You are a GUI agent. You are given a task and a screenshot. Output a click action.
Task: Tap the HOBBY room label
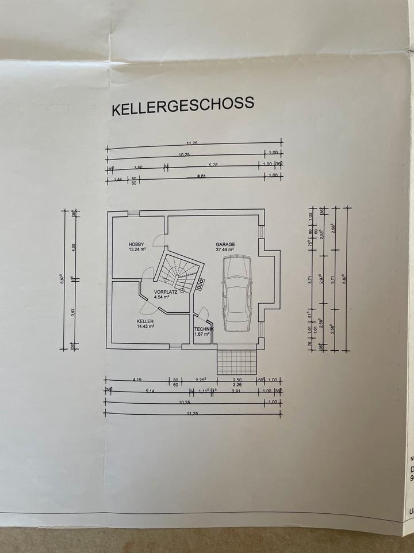[136, 244]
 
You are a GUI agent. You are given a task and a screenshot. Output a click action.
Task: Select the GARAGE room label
[225, 244]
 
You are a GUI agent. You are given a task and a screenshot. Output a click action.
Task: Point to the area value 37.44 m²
[225, 250]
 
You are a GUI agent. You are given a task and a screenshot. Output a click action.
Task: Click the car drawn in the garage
[236, 293]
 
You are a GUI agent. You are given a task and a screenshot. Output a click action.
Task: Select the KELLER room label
[145, 321]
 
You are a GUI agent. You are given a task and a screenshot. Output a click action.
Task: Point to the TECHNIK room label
[204, 328]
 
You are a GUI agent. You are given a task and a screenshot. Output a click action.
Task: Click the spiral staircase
[180, 272]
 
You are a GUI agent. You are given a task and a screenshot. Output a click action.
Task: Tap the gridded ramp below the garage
[236, 361]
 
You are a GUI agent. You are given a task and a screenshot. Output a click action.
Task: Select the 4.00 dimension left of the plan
[73, 247]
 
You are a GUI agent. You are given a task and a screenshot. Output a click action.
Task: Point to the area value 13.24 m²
[137, 250]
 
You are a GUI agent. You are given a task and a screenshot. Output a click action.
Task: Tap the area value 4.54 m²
[163, 298]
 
